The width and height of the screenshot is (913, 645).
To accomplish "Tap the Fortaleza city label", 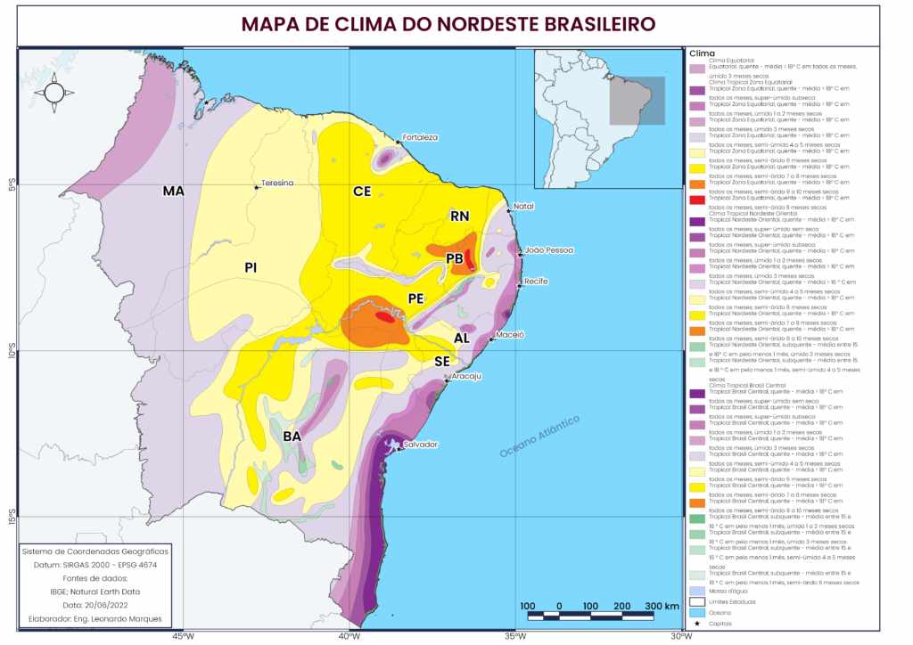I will pos(420,137).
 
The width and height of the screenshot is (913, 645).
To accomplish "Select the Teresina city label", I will pos(276,184).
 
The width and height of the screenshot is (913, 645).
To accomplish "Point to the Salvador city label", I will pos(420,444).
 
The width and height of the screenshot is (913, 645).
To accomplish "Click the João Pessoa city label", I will pos(549,250).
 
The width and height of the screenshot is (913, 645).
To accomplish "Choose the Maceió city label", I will pos(510,335).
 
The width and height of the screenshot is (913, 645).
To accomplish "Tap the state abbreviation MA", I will pos(173,192).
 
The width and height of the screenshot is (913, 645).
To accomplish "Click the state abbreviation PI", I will pos(251,266).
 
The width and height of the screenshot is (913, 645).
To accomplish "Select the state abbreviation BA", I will pos(292,436).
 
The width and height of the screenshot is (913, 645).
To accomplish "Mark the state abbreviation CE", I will pos(362,192).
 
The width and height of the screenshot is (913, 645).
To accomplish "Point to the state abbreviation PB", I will pos(455,258).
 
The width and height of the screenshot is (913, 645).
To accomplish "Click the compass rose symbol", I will pos(53,93).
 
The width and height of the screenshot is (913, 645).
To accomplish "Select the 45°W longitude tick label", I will pos(183,636).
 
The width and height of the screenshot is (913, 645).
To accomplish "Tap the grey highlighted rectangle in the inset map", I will pos(637,101).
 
